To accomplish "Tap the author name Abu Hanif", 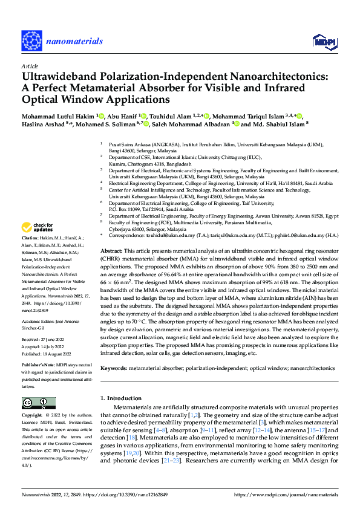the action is point(122,115).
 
